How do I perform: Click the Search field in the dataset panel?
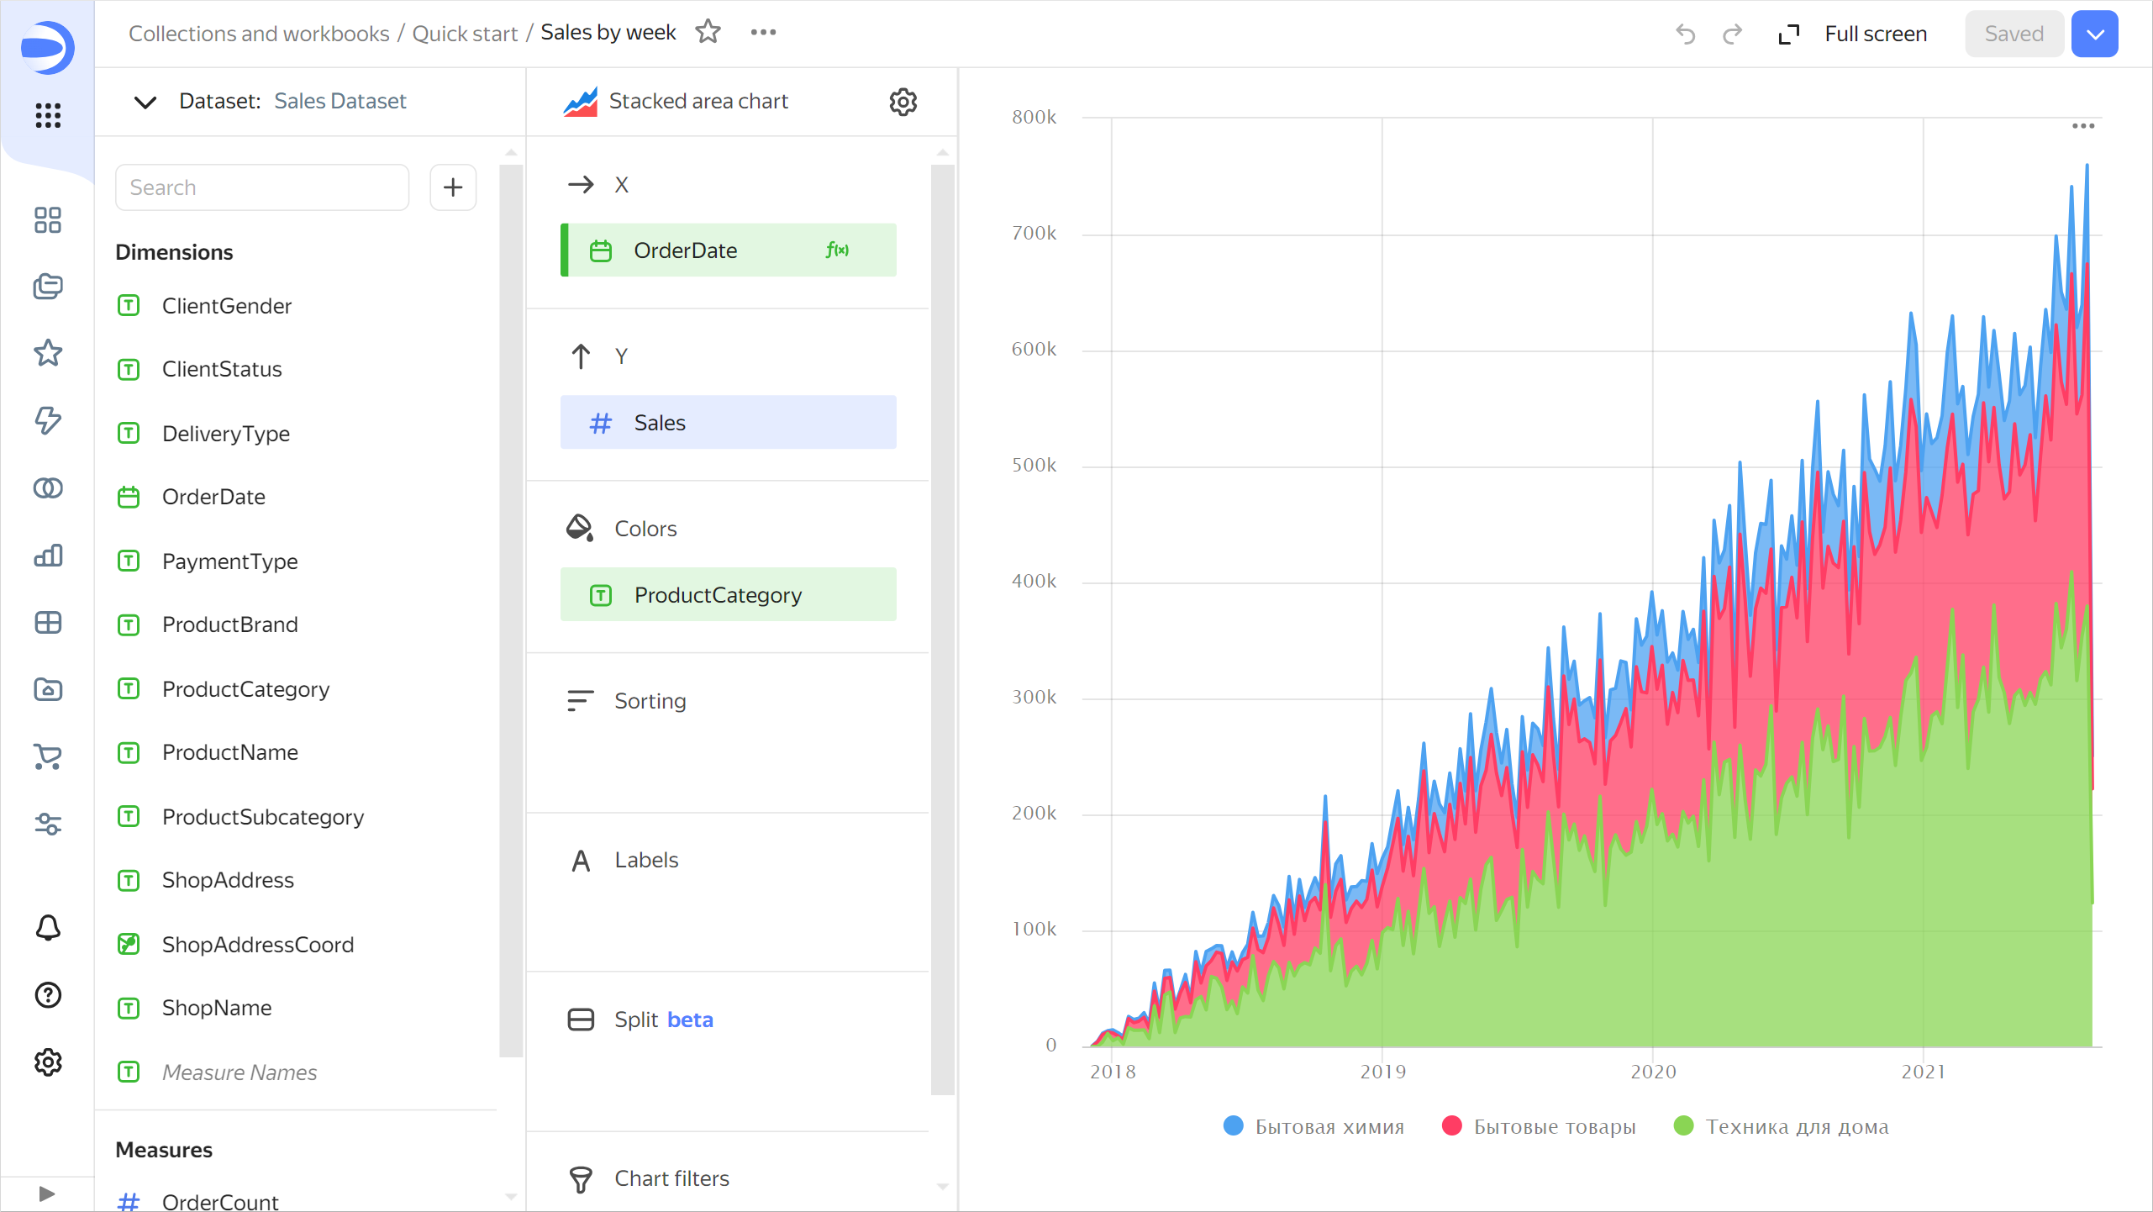pos(261,187)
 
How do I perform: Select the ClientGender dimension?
pos(226,306)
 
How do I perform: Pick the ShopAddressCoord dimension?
pos(257,945)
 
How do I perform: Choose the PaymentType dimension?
pos(229,561)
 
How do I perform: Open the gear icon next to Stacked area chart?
pos(903,102)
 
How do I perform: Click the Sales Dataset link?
pos(340,101)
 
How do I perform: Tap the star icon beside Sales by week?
pos(708,32)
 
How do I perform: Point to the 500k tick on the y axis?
pos(1034,466)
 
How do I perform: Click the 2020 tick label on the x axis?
pos(1653,1072)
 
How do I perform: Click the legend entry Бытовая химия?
pos(1329,1126)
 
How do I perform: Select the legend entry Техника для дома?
pos(1796,1126)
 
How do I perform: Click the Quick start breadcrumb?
pos(465,34)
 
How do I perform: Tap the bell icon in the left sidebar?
pos(48,928)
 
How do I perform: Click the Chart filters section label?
pos(671,1178)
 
